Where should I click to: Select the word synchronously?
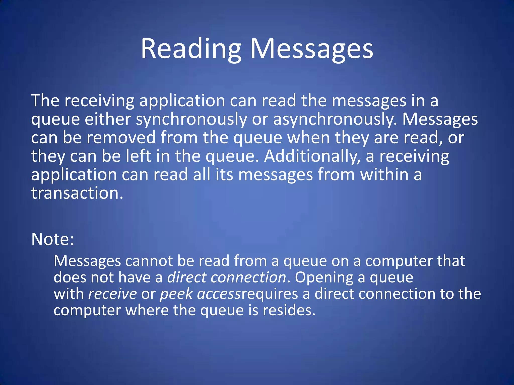(191, 120)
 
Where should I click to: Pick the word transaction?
(77, 193)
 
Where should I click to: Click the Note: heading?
(53, 239)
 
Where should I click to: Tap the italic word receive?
(112, 294)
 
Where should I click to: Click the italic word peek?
(176, 294)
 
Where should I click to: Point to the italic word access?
(219, 294)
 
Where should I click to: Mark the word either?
(108, 120)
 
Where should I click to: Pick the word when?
(309, 138)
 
